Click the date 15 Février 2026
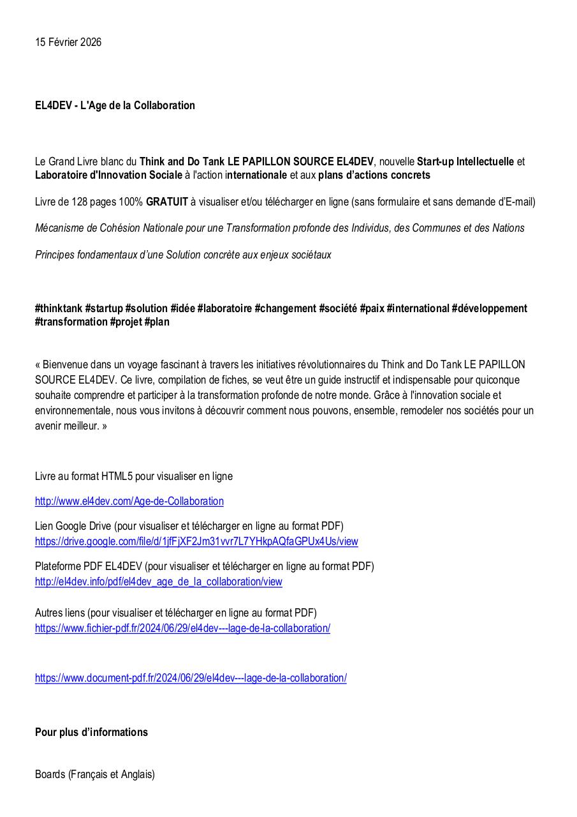tap(68, 43)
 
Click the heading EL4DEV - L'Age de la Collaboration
tap(115, 105)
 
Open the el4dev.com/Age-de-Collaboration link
tap(129, 502)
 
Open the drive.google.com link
tap(196, 542)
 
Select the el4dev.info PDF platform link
tap(158, 582)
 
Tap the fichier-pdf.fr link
tap(182, 628)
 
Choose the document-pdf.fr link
tap(191, 678)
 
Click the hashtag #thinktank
tap(59, 309)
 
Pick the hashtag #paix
tap(371, 309)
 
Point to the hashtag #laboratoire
tap(224, 309)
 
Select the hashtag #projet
tap(126, 322)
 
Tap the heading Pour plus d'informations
tap(91, 733)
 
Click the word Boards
tap(50, 775)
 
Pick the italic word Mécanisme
tap(61, 229)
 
